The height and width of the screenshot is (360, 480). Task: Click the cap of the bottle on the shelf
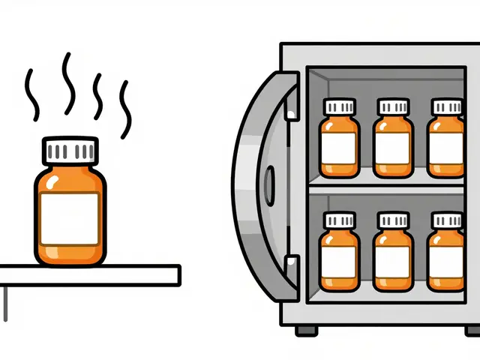tap(70, 150)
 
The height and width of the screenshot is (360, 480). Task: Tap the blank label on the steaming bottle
tap(70, 217)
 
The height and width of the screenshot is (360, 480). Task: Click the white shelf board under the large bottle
tap(90, 274)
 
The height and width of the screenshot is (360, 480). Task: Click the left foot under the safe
tap(301, 330)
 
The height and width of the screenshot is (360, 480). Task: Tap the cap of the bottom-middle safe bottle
tap(392, 220)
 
